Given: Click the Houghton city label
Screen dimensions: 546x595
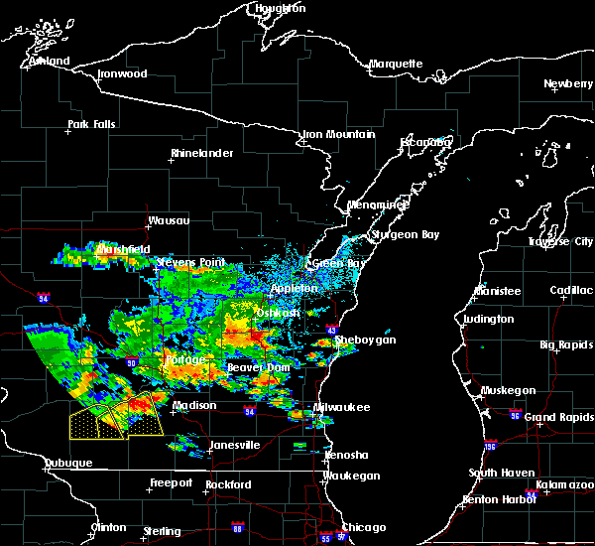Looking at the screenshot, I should tap(280, 8).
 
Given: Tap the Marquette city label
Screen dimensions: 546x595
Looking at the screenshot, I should tap(396, 65).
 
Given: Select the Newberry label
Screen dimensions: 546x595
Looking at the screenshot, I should tap(568, 83).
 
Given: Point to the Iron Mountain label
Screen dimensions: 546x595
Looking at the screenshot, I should tap(338, 134).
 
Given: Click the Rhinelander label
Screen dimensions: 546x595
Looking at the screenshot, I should tap(201, 153).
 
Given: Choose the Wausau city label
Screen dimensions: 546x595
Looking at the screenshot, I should tap(168, 220).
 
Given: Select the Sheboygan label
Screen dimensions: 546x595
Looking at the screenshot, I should tap(366, 340).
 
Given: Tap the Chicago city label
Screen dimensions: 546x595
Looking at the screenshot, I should tap(363, 527).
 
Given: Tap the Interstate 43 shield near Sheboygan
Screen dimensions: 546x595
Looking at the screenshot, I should tap(331, 331).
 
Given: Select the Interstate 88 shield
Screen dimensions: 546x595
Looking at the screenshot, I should tap(237, 527).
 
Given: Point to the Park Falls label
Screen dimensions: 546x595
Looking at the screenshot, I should tap(91, 124).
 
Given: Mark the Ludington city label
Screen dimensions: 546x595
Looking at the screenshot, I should tap(489, 319).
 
